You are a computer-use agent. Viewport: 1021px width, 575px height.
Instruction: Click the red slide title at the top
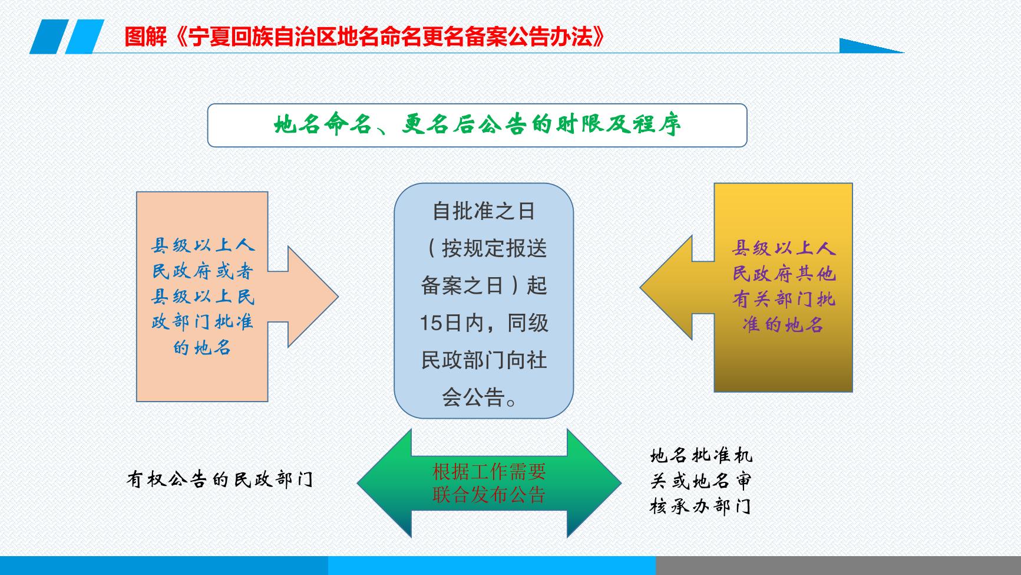click(x=365, y=37)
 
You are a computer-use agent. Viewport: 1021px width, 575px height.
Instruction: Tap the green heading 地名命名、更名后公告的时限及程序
click(x=477, y=125)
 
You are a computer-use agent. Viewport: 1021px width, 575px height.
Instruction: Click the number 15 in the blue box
click(x=431, y=323)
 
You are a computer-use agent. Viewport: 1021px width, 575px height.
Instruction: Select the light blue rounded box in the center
click(x=483, y=301)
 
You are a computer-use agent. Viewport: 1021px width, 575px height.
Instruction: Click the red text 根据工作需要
click(x=489, y=471)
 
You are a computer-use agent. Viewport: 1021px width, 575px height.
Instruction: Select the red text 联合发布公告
click(x=489, y=495)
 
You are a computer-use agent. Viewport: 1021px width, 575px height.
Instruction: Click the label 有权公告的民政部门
click(x=220, y=479)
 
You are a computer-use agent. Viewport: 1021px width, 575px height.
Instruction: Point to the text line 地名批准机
click(x=701, y=456)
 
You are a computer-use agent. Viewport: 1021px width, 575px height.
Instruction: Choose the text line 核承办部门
click(x=701, y=507)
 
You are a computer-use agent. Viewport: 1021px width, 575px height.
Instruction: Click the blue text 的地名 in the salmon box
click(x=202, y=347)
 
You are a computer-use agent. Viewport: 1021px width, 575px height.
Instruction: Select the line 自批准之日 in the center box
click(x=483, y=211)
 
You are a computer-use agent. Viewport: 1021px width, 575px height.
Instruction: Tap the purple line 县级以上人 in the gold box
click(x=784, y=248)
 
